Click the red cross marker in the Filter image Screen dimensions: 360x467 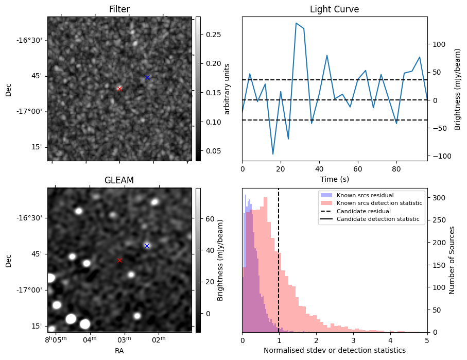[x=119, y=89]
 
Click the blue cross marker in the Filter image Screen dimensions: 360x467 [x=147, y=77]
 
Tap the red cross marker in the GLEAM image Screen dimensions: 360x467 [x=119, y=260]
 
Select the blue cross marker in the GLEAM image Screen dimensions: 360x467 [x=147, y=246]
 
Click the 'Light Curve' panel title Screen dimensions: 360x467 [x=334, y=9]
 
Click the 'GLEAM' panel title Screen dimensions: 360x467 [x=119, y=180]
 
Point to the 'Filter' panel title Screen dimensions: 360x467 [x=119, y=9]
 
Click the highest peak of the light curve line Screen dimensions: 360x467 [x=296, y=23]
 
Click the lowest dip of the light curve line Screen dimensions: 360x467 [x=273, y=154]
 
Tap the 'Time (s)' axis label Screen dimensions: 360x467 [x=334, y=179]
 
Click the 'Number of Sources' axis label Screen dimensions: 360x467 [x=452, y=260]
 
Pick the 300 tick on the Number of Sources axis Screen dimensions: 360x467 [x=438, y=198]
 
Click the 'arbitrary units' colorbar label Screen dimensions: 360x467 [x=227, y=89]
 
